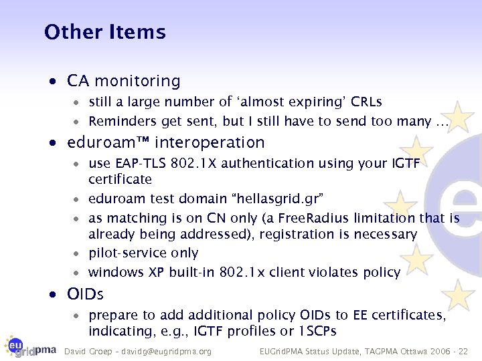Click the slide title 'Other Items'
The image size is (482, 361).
coord(104,32)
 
